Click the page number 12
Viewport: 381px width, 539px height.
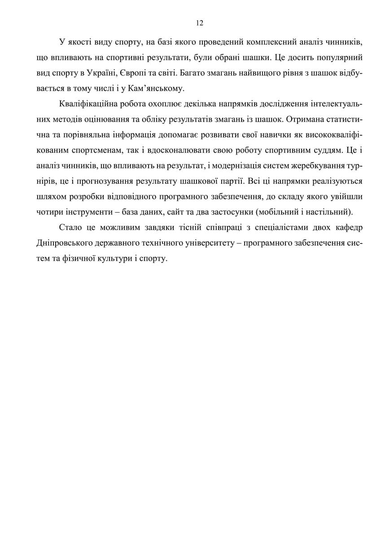point(200,23)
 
